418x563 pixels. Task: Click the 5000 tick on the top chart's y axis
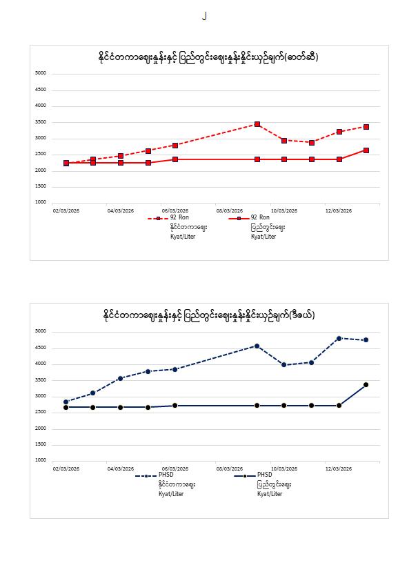[41, 73]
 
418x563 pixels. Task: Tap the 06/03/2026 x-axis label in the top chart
[175, 210]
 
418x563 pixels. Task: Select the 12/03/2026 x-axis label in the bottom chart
[339, 468]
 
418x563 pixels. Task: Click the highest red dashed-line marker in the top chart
[257, 124]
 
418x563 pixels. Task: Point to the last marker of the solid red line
[366, 150]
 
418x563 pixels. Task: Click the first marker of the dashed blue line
[66, 402]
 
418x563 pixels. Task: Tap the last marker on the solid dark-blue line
[366, 384]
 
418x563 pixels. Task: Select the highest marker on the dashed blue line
[339, 338]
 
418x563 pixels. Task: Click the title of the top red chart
[208, 57]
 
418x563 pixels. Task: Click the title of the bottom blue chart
[208, 315]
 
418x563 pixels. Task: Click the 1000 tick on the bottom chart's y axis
[41, 460]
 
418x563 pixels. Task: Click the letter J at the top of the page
[204, 16]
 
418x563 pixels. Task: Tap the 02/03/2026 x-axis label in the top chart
[66, 210]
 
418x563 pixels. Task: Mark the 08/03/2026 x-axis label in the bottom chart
[229, 468]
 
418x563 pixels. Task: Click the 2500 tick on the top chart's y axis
[41, 154]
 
